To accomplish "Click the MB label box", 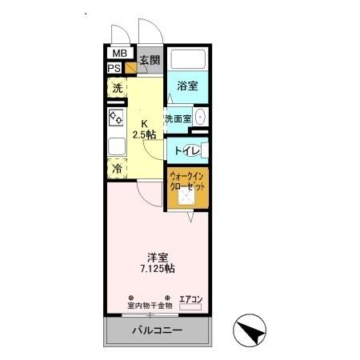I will (118, 54).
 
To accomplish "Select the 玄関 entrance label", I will (149, 60).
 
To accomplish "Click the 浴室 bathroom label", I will (187, 86).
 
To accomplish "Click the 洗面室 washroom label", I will (177, 119).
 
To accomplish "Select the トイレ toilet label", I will (183, 150).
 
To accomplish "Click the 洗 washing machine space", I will (117, 89).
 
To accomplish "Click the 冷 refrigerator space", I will (117, 169).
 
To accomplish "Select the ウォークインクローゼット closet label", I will (187, 181).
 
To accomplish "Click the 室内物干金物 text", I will (150, 305).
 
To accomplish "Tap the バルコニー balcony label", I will (156, 331).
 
